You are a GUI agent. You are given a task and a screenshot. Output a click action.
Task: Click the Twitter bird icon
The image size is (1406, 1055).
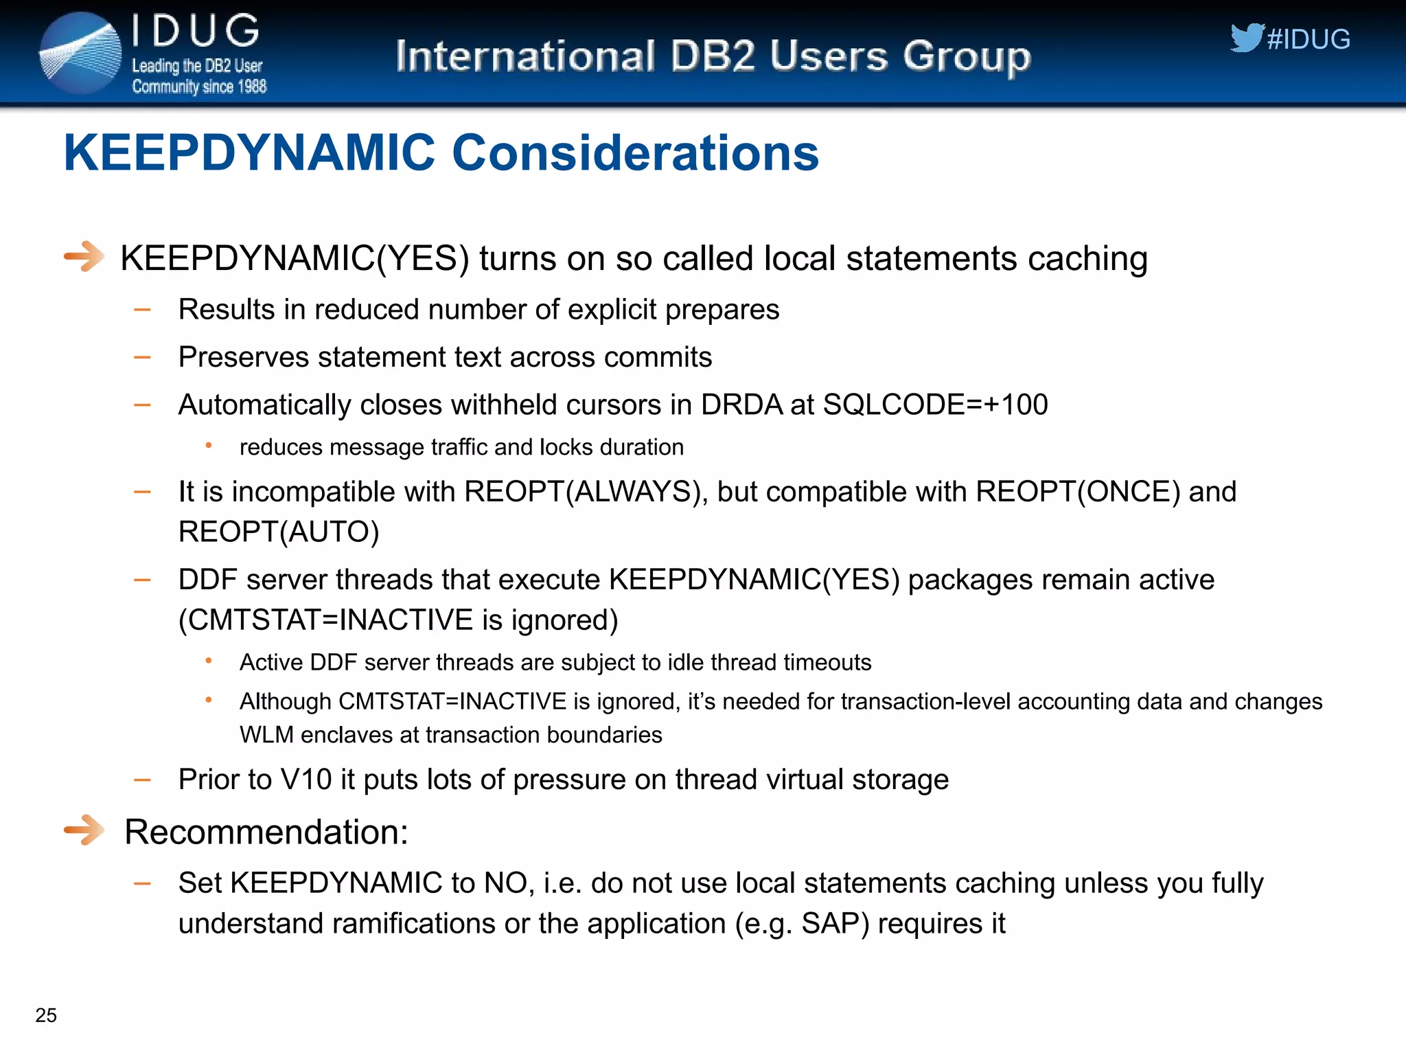coord(1246,37)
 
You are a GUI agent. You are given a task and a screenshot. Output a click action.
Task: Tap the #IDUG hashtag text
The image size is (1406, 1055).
coord(1309,40)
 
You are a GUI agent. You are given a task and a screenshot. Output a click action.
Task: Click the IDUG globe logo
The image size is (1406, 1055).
coord(80,54)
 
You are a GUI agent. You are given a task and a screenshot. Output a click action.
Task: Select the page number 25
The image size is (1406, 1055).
coord(46,1015)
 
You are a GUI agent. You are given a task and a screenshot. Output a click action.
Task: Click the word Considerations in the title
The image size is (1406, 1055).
coord(635,152)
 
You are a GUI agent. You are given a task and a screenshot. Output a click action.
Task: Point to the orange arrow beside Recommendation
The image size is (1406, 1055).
coord(84,830)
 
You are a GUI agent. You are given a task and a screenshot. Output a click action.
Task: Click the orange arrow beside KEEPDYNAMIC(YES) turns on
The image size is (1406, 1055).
coord(84,257)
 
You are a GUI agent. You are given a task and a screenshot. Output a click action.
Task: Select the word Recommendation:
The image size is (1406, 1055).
coord(266,832)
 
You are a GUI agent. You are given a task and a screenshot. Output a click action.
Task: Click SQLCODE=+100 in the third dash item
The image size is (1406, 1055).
coord(935,405)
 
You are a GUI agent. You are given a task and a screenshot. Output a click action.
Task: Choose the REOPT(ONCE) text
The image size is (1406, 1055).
coord(1078,492)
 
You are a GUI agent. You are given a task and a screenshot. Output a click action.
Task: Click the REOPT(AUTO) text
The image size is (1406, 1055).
coord(279,532)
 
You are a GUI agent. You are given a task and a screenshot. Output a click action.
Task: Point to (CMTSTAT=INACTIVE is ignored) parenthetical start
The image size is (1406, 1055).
coord(184,620)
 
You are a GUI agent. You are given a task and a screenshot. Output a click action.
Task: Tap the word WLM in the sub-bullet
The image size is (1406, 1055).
coord(266,735)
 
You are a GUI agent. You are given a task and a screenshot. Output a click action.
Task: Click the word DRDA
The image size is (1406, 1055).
coord(741,405)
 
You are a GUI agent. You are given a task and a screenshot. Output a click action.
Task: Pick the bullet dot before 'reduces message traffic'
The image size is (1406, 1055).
coord(209,446)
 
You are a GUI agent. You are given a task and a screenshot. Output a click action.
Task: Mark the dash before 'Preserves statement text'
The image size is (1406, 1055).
coord(142,357)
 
